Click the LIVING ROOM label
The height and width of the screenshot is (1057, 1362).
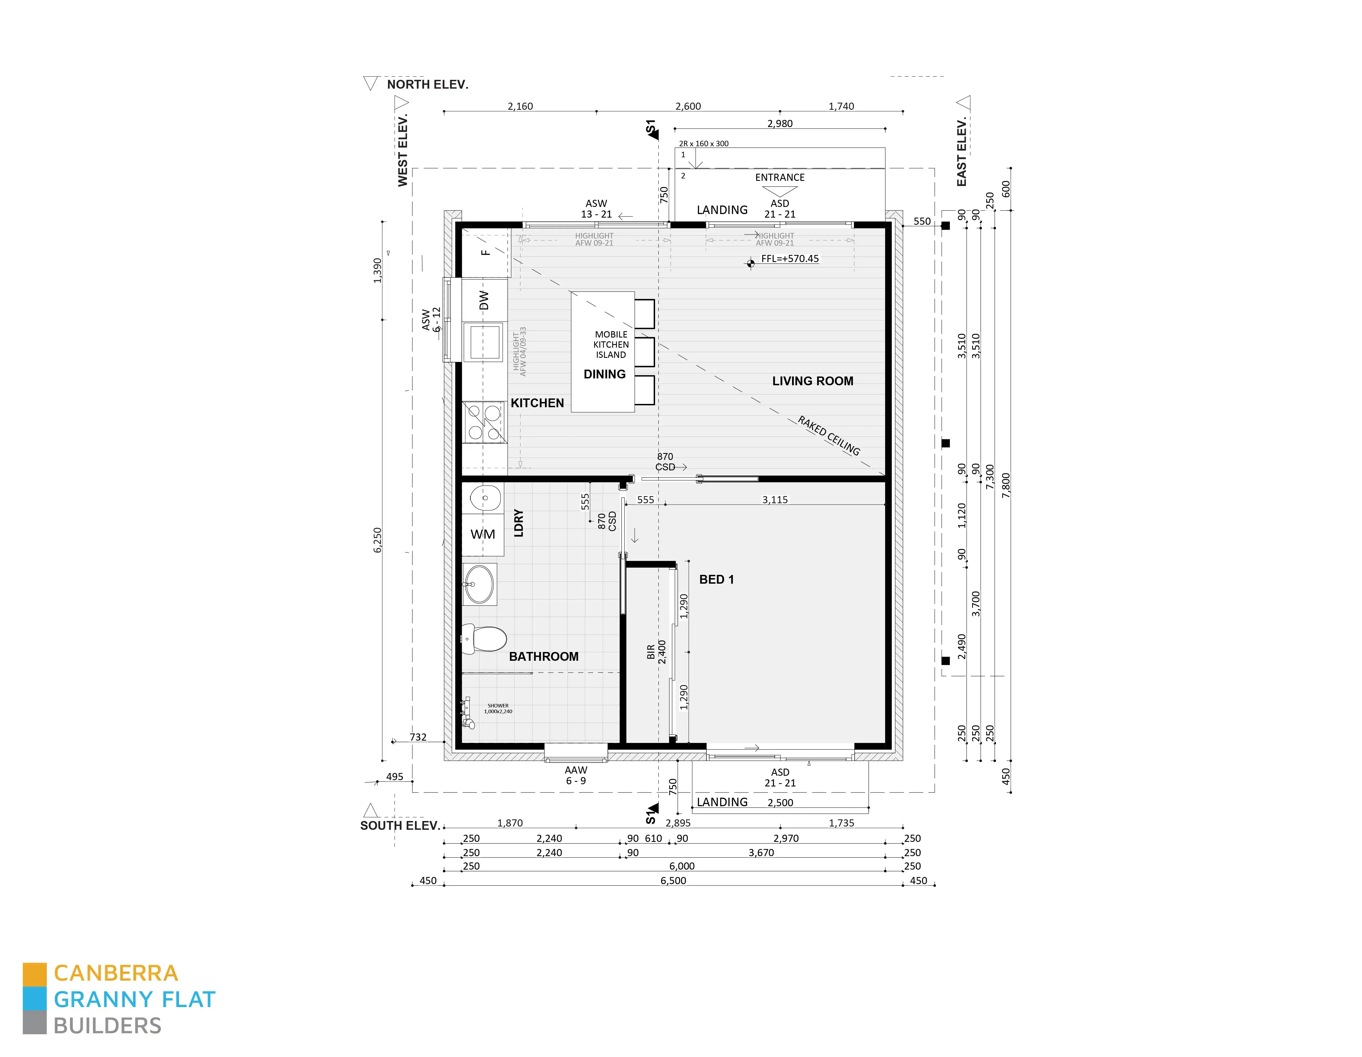[812, 381]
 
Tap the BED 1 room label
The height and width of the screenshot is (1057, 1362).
[716, 580]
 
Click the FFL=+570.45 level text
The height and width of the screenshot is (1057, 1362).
[790, 259]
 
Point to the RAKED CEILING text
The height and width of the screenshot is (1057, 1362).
[829, 436]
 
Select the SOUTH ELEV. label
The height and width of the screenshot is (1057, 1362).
[400, 826]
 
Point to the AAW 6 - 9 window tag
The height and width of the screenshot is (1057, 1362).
[576, 775]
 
